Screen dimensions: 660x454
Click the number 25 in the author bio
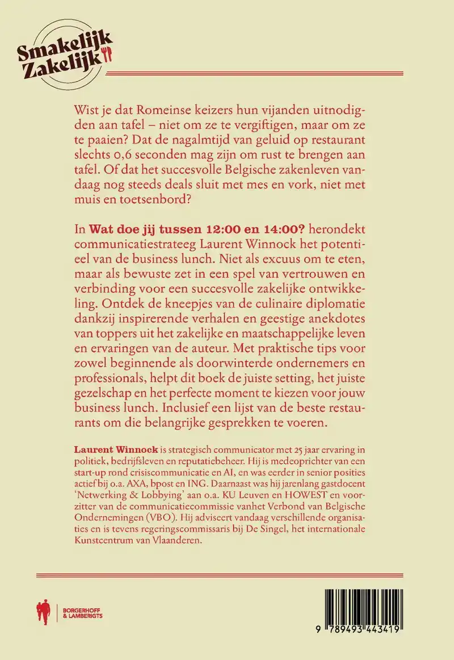[305, 448]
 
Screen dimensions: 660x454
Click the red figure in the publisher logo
[41, 611]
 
